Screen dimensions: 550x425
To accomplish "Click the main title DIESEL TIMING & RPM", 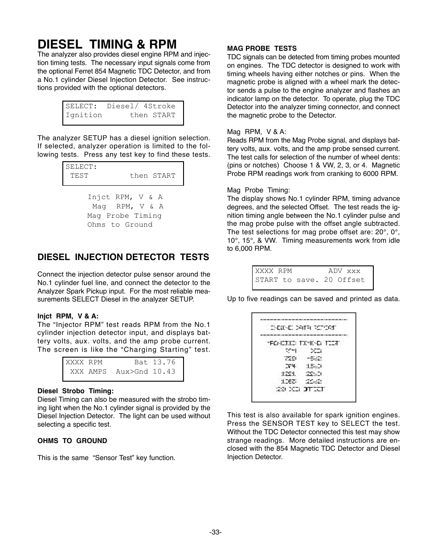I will coord(107,44).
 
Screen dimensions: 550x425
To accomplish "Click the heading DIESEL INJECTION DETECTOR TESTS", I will coord(123,257).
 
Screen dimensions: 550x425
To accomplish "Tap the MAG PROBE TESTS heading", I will coord(262,48).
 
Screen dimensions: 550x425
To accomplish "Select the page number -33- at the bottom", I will coord(216,532).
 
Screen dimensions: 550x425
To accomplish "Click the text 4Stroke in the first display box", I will coord(159,106).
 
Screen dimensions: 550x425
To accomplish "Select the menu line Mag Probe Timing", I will coord(124,216).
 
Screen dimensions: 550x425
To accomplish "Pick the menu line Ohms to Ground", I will coord(119,225).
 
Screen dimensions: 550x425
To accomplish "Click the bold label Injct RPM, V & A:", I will coord(68,316).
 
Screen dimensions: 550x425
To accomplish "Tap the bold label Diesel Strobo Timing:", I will coord(75,391).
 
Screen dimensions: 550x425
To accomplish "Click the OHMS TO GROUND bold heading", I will coord(72,441).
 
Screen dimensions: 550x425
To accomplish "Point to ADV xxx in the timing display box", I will coord(344,271).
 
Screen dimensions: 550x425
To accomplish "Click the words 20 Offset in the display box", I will coord(344,280).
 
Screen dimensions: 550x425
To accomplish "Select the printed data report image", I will coord(303,357).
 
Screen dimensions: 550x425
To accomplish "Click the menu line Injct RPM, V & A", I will coord(125,197).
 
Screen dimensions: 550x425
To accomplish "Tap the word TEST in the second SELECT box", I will coord(79,175).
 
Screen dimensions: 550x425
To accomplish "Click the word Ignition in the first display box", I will coord(84,115).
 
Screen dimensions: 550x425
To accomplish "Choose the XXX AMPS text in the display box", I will coord(88,371).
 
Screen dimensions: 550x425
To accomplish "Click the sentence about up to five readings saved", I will coord(313,299).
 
